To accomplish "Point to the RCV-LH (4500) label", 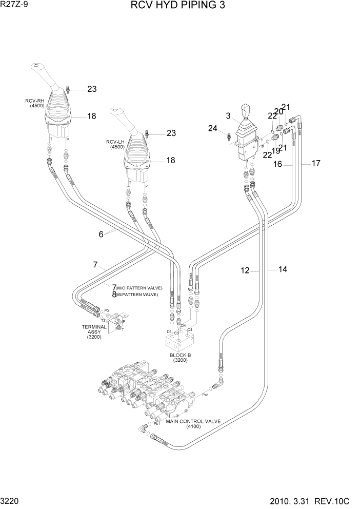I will (115, 144).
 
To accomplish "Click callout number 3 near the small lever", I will (228, 116).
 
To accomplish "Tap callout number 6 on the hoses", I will (102, 234).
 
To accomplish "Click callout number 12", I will (246, 270).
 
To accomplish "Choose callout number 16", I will (277, 165).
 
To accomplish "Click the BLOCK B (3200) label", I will (179, 357).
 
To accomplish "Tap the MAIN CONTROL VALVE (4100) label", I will (193, 424).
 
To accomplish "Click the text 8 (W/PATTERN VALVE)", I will (134, 295).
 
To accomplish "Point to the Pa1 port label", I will (205, 395).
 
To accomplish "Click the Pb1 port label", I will (157, 424).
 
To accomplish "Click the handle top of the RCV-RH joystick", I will (37, 67).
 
